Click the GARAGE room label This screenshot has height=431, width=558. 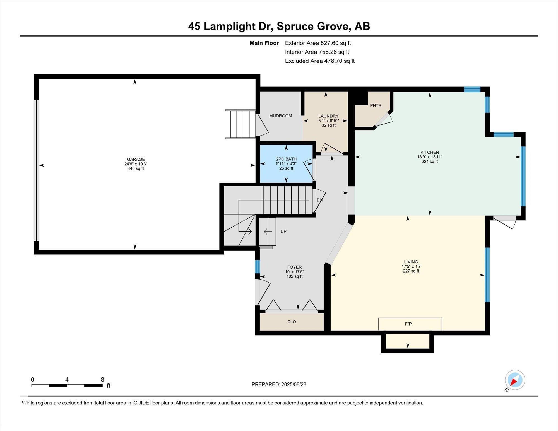click(x=136, y=160)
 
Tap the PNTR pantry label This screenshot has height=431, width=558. click(x=376, y=106)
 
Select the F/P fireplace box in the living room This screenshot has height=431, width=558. click(x=410, y=324)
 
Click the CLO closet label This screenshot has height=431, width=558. click(x=292, y=322)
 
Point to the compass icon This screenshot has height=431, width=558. click(x=515, y=380)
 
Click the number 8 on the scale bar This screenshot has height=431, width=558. click(x=102, y=380)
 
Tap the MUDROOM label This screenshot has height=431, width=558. click(x=281, y=116)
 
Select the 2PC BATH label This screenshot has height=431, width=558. click(x=286, y=159)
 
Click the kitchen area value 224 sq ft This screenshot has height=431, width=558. click(x=430, y=162)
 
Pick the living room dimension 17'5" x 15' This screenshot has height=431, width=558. click(x=411, y=266)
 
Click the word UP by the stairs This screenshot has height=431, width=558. click(x=283, y=232)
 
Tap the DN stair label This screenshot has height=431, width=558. click(x=319, y=200)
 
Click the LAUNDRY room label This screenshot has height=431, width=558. click(x=328, y=116)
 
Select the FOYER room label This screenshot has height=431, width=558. click(x=294, y=267)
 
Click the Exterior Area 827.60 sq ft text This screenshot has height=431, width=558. click(x=318, y=43)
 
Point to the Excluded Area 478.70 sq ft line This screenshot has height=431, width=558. click(x=320, y=61)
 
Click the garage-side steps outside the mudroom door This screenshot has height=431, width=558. click(x=240, y=124)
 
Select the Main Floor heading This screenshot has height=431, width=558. click(x=264, y=43)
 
